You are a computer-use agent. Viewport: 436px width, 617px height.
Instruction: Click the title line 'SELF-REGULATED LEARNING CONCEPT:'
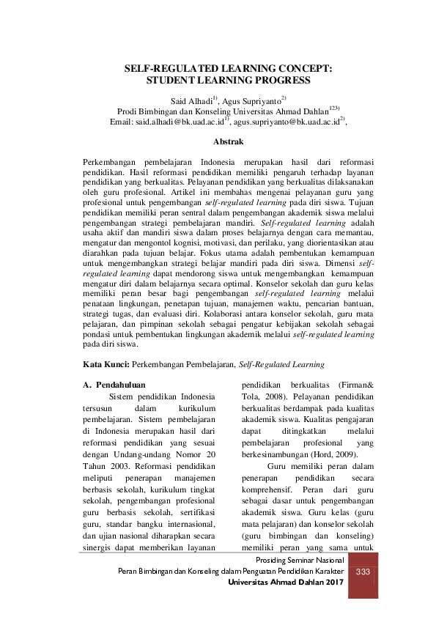pyautogui.click(x=228, y=67)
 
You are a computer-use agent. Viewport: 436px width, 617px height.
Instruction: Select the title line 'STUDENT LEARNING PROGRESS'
pyautogui.click(x=228, y=80)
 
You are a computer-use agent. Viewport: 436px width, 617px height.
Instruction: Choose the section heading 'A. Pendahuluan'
pyautogui.click(x=115, y=384)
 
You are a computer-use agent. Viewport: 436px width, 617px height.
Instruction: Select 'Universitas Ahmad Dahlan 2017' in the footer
pyautogui.click(x=286, y=582)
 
